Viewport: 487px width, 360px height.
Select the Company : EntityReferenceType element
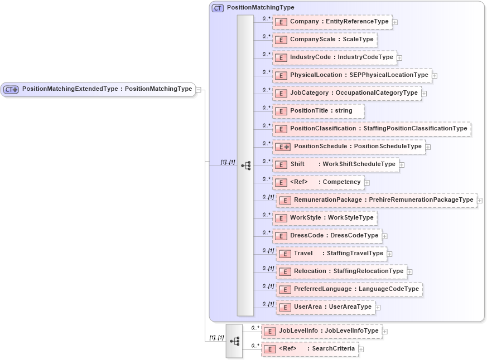(332, 22)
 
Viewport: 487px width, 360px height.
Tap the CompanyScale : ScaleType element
(325, 40)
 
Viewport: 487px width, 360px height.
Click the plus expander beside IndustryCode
(399, 57)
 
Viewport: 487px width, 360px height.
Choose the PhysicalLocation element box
(352, 75)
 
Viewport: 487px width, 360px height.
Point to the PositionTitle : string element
(319, 111)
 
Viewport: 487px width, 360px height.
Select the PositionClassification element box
(372, 129)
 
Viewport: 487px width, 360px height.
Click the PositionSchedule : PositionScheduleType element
(350, 147)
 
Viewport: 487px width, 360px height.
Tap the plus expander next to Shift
(402, 164)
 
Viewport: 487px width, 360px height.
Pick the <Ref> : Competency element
(319, 182)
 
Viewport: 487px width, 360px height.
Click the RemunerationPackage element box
(377, 200)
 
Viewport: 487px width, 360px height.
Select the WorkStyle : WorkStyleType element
(325, 217)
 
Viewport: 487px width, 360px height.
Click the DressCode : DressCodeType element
(327, 235)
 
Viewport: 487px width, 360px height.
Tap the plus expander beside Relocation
(409, 271)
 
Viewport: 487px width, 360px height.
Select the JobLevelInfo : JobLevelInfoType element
(322, 331)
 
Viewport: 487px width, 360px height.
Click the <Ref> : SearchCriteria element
(310, 349)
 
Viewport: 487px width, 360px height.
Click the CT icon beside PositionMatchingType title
(218, 8)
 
